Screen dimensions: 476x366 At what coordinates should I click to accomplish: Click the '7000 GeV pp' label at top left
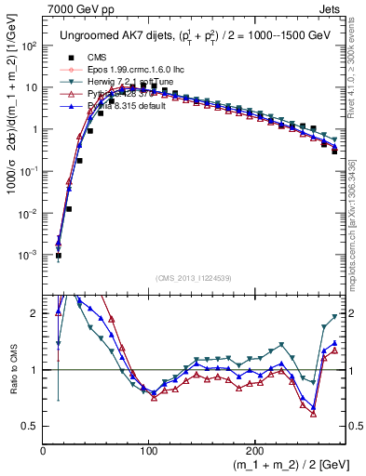pyautogui.click(x=75, y=7)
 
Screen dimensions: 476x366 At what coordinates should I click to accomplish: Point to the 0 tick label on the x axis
pyautogui.click(x=44, y=450)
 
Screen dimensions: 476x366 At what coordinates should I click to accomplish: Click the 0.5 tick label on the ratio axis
pyautogui.click(x=30, y=426)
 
